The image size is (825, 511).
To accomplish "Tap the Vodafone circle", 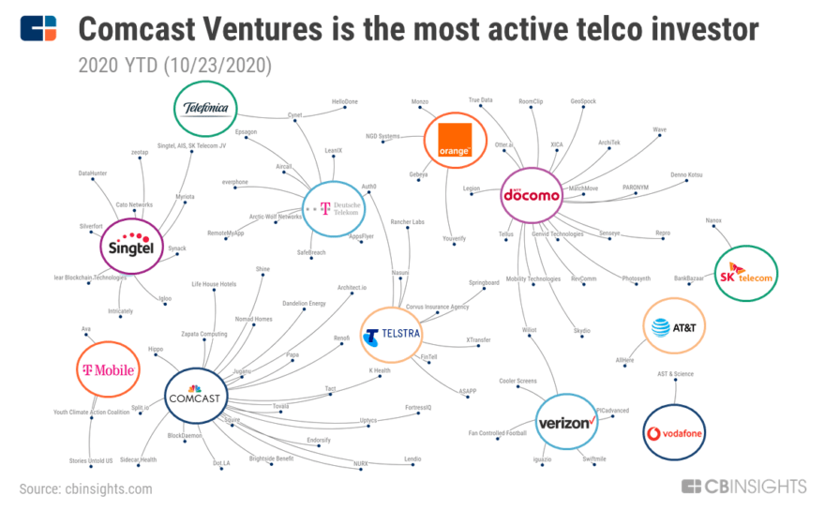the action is pyautogui.click(x=674, y=432).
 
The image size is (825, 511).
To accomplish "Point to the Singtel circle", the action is pyautogui.click(x=132, y=246).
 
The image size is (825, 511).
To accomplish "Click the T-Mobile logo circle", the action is pyautogui.click(x=107, y=370).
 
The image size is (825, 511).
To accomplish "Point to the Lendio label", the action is pyautogui.click(x=412, y=458).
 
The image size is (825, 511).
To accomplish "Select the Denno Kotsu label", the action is pyautogui.click(x=686, y=175).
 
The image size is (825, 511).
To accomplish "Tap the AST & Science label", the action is pyautogui.click(x=674, y=374).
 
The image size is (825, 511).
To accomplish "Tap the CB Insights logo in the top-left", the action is pyautogui.click(x=37, y=29).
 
